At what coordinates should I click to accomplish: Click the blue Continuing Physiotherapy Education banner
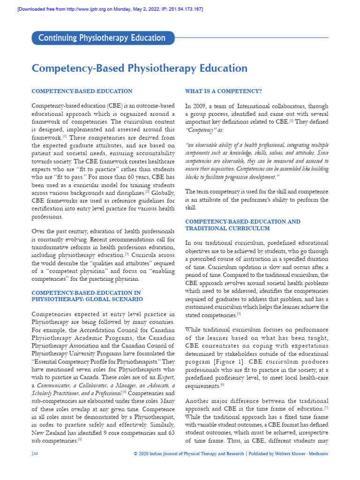(102, 38)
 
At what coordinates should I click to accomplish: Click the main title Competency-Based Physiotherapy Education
(139, 68)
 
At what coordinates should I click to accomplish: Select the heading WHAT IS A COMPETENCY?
(224, 91)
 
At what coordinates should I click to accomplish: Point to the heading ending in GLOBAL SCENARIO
(87, 299)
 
